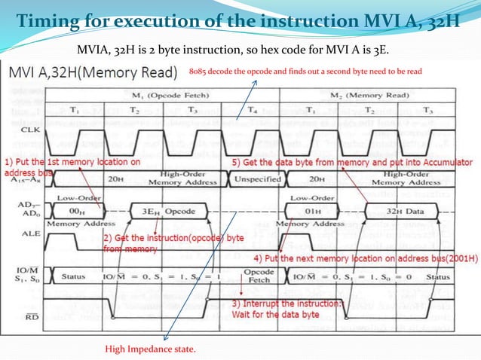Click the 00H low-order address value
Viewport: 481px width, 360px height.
pos(76,213)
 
